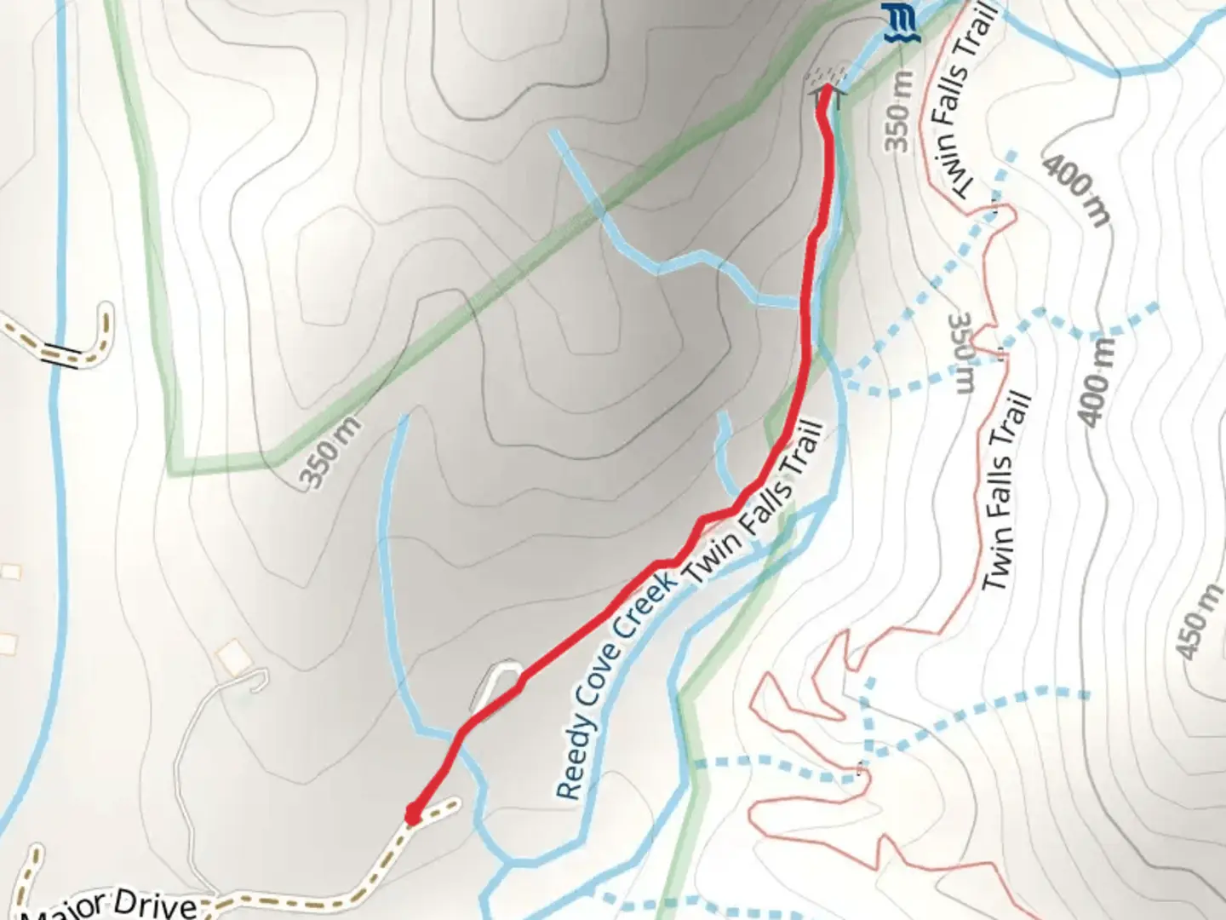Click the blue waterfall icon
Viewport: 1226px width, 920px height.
896,21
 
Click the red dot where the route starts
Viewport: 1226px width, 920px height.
413,815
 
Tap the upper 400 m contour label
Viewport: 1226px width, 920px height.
1078,190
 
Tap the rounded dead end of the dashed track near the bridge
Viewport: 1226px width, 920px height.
106,313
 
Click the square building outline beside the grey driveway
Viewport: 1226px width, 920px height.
232,657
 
